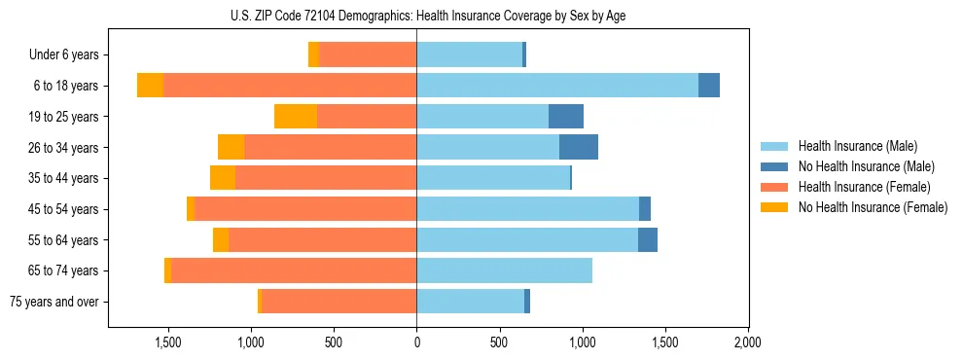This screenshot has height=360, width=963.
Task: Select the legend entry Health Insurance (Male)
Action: coord(857,146)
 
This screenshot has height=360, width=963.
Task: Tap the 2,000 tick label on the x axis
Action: coord(747,343)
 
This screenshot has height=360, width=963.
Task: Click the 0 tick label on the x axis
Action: coord(416,343)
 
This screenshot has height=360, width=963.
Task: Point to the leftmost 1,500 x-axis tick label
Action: coord(168,343)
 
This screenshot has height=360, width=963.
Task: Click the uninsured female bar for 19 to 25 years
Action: coord(296,117)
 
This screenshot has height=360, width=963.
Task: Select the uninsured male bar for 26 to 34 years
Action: coord(579,147)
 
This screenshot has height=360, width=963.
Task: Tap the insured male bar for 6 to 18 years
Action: coord(557,86)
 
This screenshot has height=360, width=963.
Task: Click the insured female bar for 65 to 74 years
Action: coord(294,270)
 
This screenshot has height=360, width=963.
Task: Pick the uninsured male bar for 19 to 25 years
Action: coord(566,117)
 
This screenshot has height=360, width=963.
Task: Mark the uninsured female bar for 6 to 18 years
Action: coord(150,86)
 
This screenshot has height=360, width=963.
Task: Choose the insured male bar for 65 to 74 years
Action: coord(504,270)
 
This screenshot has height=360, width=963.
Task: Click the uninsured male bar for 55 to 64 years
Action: coord(648,239)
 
